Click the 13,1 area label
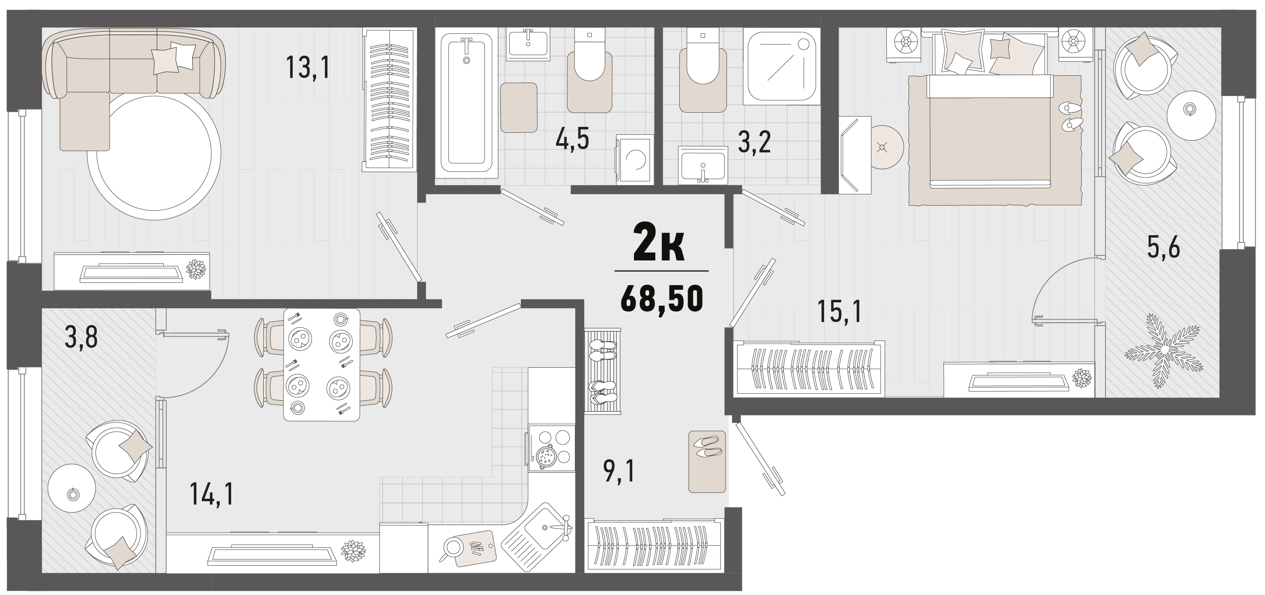(x=307, y=68)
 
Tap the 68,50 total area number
(x=662, y=299)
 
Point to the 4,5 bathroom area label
(x=572, y=140)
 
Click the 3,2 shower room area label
(x=754, y=143)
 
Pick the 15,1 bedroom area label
(x=840, y=312)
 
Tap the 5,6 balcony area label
(x=1163, y=247)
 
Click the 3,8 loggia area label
(x=81, y=338)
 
